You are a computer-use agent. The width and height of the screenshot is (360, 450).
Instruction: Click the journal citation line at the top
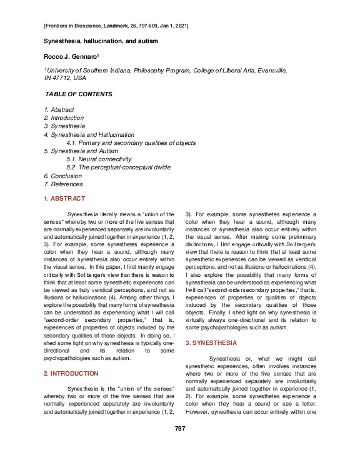click(116, 26)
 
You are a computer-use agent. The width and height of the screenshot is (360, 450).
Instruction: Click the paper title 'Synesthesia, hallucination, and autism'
click(100, 41)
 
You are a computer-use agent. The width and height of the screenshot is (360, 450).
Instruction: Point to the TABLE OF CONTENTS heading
click(79, 94)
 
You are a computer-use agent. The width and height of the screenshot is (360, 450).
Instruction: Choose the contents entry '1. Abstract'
click(59, 110)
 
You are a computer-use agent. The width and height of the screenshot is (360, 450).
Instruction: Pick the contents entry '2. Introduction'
click(64, 118)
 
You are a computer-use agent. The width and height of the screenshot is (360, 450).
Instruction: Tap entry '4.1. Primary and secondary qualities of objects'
click(131, 142)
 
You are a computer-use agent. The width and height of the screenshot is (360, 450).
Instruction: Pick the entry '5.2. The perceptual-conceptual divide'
click(118, 167)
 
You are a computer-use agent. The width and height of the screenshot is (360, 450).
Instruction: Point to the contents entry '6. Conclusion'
click(62, 176)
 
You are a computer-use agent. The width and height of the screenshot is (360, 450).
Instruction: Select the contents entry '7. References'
click(63, 184)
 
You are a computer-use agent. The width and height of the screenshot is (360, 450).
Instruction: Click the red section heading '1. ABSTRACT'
click(64, 199)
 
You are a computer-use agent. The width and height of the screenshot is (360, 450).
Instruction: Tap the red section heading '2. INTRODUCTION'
click(71, 373)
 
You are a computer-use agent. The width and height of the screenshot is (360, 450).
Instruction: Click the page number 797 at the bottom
click(179, 428)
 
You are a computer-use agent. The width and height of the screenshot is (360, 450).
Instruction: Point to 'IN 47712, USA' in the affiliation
click(65, 79)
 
